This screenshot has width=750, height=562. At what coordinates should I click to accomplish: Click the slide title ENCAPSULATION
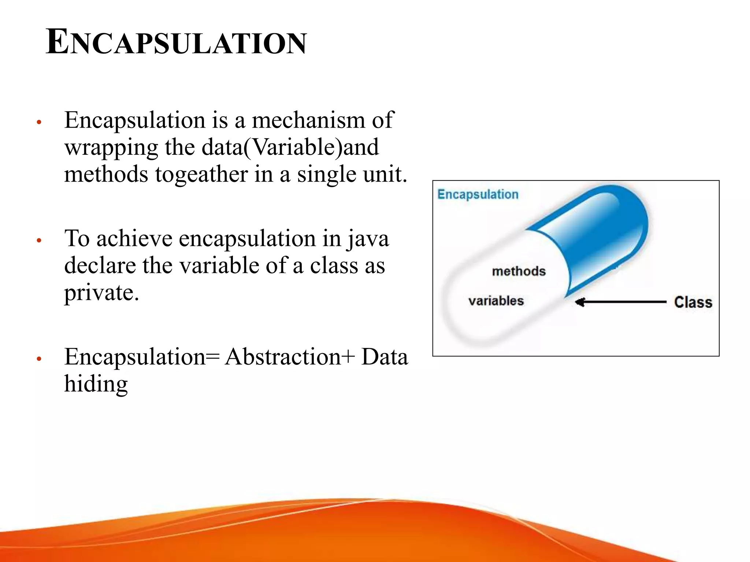click(176, 42)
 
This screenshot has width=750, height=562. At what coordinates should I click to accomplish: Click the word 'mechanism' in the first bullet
click(308, 120)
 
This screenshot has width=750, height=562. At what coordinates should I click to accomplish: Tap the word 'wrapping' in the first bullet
click(111, 148)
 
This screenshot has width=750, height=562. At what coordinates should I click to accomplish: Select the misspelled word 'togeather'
click(201, 174)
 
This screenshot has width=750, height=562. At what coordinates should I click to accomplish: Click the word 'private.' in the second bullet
click(101, 293)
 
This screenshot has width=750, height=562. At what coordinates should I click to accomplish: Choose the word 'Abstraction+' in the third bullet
click(290, 357)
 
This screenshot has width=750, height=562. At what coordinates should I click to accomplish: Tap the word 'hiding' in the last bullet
click(96, 384)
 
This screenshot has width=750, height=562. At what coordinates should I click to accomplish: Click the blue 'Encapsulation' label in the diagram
click(478, 194)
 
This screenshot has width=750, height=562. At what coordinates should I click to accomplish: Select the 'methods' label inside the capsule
click(519, 271)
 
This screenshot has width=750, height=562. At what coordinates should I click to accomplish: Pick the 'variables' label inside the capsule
click(496, 301)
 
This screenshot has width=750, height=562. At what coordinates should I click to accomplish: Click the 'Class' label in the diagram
click(693, 302)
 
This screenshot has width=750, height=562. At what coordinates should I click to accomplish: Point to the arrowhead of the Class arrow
click(579, 302)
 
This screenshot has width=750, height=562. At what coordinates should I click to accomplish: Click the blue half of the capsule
click(601, 234)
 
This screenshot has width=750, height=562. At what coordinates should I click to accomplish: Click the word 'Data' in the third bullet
click(385, 357)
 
